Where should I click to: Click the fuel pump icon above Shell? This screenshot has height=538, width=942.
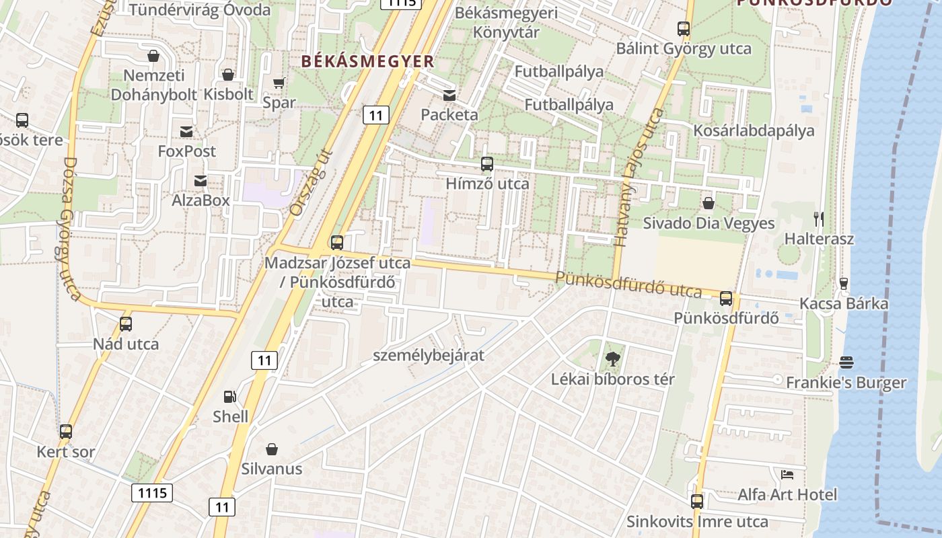tap(230, 397)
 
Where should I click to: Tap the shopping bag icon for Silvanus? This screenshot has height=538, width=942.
tap(272, 449)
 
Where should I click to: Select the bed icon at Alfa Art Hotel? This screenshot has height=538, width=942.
tap(787, 475)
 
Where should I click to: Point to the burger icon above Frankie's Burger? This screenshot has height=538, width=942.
tap(846, 363)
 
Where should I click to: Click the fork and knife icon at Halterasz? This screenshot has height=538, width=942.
tap(819, 219)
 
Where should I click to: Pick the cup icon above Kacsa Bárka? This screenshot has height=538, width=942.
tap(844, 283)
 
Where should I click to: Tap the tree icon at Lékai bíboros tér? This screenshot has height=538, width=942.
tap(612, 359)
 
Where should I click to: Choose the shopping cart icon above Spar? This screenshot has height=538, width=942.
tap(279, 83)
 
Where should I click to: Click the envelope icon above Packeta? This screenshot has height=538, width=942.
tap(449, 95)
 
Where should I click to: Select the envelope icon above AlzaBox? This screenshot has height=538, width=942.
tap(201, 180)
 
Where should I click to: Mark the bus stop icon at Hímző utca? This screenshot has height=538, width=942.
tap(487, 164)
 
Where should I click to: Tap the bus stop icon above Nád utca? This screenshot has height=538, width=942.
tap(126, 324)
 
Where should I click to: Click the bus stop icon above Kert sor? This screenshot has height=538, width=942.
tap(66, 432)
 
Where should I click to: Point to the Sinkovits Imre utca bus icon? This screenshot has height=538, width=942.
tap(697, 501)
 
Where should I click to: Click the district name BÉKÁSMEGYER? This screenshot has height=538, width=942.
tap(367, 61)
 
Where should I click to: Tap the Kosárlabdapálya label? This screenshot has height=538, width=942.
tap(754, 130)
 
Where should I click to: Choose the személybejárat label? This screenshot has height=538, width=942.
tap(429, 355)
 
